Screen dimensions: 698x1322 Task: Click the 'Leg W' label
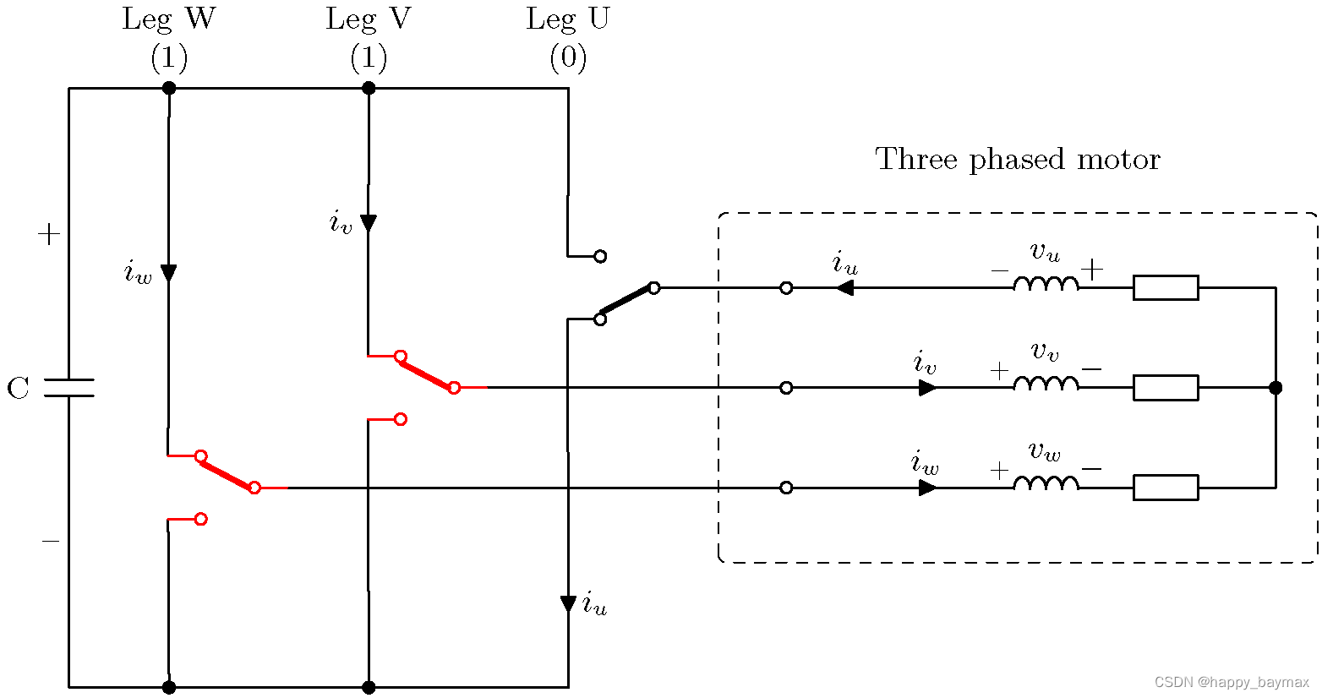168,19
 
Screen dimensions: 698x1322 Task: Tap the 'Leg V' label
369,19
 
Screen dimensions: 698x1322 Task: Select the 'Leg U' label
567,19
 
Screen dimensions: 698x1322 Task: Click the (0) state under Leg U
568,57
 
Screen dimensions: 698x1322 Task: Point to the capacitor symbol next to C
69,388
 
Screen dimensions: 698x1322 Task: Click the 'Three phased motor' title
1018,159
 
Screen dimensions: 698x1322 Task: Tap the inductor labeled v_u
1046,283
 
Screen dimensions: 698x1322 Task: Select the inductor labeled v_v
1046,384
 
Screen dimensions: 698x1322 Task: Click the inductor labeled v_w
1046,483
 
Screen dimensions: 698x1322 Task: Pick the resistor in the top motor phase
1166,288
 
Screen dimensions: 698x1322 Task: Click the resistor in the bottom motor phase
1166,488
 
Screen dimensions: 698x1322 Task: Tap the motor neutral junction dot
1276,388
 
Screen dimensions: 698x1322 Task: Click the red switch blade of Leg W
227,472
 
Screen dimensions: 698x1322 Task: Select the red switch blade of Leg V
427,372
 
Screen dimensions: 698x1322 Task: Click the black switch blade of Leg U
626,303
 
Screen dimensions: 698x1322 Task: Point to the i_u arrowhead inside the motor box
844,288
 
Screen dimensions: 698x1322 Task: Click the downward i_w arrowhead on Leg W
169,273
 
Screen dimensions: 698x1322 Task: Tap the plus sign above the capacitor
49,234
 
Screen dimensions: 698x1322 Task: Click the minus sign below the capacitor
51,541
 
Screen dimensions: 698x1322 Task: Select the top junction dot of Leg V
369,88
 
